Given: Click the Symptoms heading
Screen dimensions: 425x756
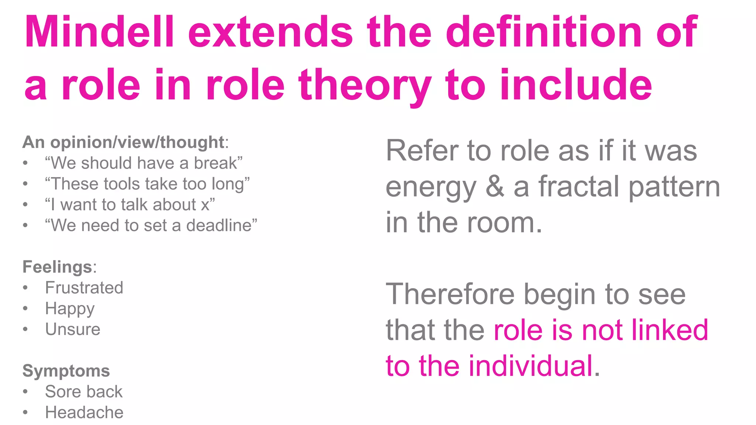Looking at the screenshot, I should (66, 371).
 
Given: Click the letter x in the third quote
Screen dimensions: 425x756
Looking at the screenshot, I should (205, 205).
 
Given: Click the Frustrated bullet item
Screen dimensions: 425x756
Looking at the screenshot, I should (84, 288).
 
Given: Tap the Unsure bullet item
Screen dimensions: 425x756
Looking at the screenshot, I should (73, 329).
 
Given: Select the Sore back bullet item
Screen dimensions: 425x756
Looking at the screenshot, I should (84, 392).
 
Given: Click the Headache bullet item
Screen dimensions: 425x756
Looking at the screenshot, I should (84, 412).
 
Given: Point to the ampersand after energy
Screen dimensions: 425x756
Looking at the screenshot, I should (495, 187).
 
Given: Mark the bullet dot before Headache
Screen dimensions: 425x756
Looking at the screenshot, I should (25, 412).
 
